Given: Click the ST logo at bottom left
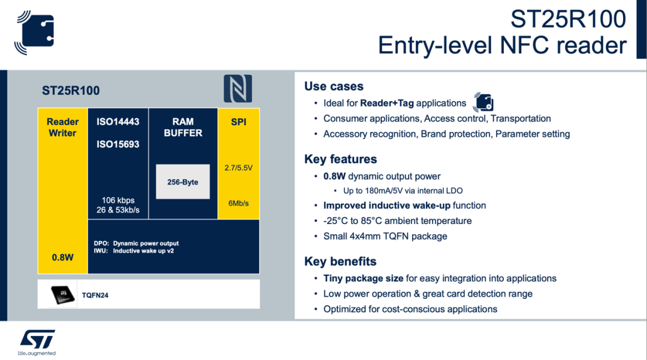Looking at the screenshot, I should pyautogui.click(x=37, y=339).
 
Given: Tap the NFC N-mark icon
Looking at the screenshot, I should pyautogui.click(x=238, y=89).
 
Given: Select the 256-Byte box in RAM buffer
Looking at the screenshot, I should pyautogui.click(x=183, y=181).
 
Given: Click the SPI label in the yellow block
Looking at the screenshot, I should pyautogui.click(x=238, y=122).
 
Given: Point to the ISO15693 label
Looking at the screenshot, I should pyautogui.click(x=118, y=144).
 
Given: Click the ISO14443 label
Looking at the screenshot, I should pyautogui.click(x=118, y=122).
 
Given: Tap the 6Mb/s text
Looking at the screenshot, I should pyautogui.click(x=238, y=203).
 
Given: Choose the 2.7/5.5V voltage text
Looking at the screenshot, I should pyautogui.click(x=238, y=168).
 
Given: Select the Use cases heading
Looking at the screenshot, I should pyautogui.click(x=334, y=86).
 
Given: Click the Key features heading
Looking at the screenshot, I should pyautogui.click(x=340, y=159).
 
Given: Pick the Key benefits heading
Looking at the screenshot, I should pyautogui.click(x=340, y=261).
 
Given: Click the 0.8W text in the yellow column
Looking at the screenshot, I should pyautogui.click(x=62, y=258).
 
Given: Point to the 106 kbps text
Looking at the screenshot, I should pyautogui.click(x=118, y=200).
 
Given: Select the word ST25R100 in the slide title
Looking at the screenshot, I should pyautogui.click(x=568, y=19).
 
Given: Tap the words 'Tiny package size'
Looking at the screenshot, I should pyautogui.click(x=363, y=278).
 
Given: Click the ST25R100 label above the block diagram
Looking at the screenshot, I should pyautogui.click(x=71, y=91).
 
